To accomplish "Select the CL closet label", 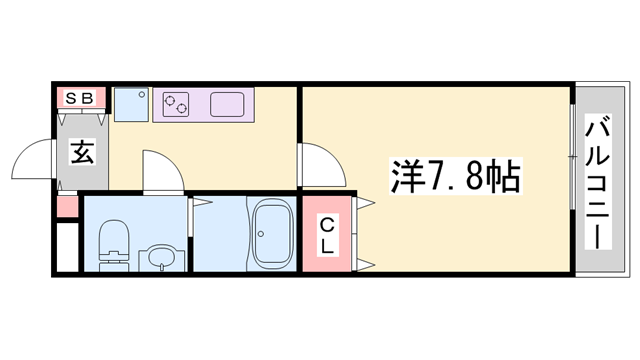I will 328,238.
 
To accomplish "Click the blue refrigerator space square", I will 130,102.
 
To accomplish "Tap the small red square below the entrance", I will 66,208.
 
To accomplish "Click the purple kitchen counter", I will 205,103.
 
